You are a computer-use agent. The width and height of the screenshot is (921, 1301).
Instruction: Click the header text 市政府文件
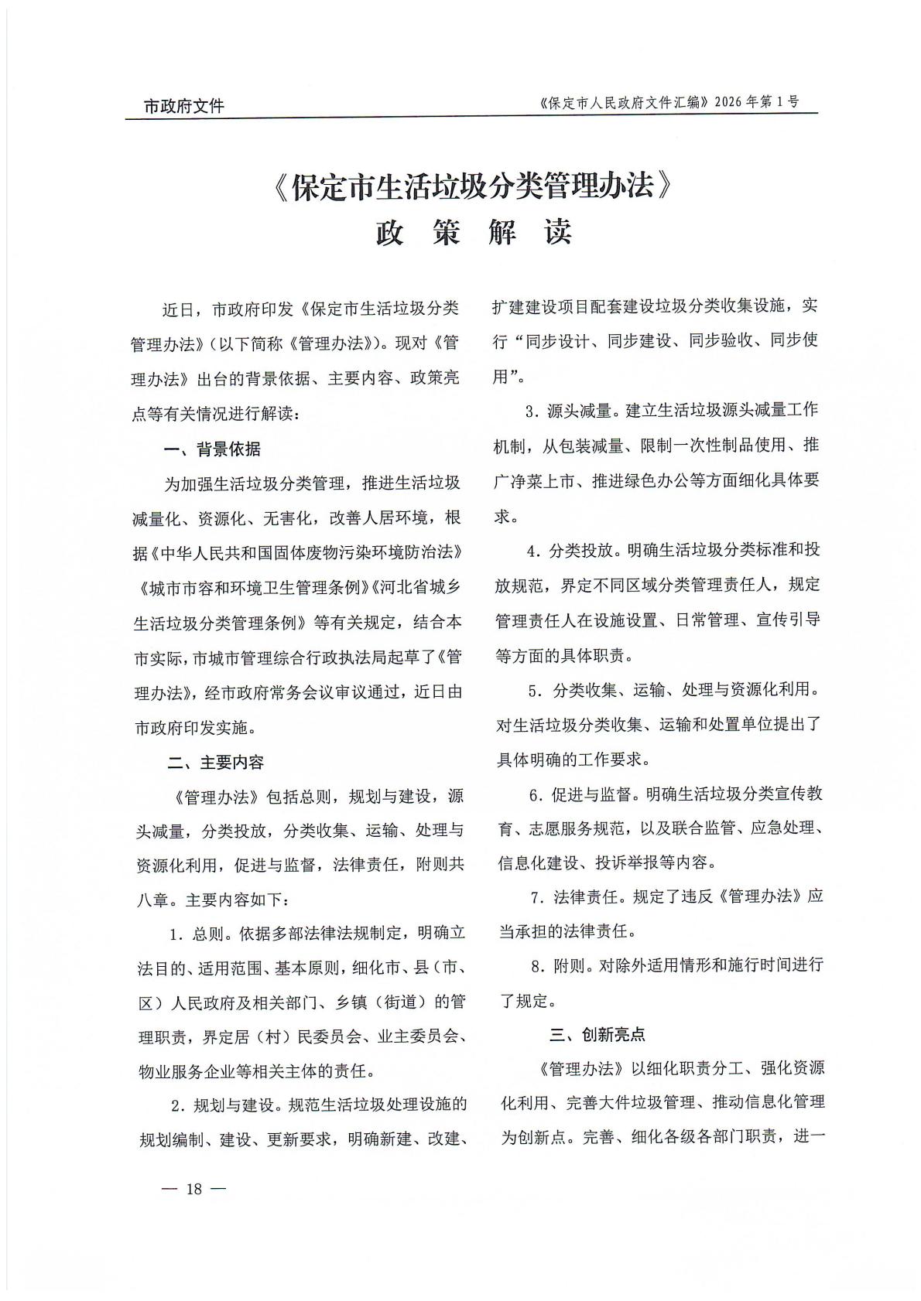coord(184,106)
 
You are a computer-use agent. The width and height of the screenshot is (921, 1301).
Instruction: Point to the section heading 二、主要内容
coord(216,763)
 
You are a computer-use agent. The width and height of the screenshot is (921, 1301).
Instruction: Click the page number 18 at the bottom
coord(193,1189)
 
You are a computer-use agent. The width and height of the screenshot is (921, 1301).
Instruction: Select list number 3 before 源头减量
coord(530,411)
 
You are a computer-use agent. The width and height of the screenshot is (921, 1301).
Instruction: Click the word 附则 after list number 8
coord(570,965)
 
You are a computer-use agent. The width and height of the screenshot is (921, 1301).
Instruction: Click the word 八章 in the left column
coord(152,900)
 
